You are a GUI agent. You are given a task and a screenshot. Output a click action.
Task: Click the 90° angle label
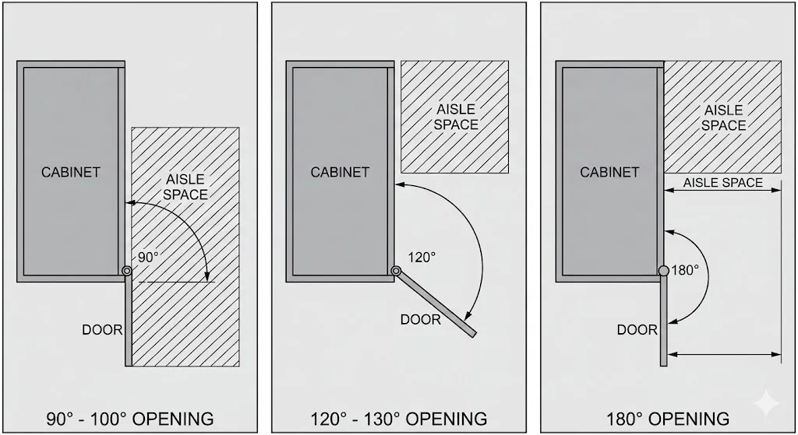[x=148, y=258]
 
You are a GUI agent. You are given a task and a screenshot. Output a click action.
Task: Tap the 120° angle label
[x=422, y=258]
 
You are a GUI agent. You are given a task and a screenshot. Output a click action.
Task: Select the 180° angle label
[x=685, y=270]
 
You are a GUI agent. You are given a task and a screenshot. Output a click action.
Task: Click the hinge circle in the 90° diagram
[x=127, y=271]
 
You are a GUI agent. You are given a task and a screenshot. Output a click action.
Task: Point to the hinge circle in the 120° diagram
[x=396, y=271]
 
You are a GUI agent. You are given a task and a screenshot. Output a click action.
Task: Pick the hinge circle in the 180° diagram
[x=664, y=271]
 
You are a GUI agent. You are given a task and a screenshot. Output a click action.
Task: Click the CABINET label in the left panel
[x=71, y=172]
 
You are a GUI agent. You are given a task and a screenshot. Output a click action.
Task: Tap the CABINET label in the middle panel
[x=340, y=172]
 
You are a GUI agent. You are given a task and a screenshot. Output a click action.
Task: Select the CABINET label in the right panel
[x=609, y=172]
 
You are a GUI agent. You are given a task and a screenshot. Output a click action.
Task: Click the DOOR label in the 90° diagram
[x=102, y=330]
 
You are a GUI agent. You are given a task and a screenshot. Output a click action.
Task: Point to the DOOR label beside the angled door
[x=420, y=320]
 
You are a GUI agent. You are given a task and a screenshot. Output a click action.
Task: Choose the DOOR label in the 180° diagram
[x=637, y=330]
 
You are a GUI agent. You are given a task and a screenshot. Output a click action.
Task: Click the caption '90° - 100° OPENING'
[x=130, y=419]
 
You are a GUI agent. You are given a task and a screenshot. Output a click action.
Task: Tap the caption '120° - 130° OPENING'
[x=399, y=419]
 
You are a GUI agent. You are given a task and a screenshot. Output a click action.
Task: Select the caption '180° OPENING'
[x=668, y=419]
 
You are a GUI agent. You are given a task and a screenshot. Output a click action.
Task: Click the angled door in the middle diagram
[x=436, y=304]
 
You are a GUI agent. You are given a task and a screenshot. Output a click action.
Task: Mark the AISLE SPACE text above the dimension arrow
[x=722, y=183]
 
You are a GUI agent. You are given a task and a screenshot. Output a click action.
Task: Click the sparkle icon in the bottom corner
[x=765, y=404]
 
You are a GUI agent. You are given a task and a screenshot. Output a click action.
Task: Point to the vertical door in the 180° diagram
[x=664, y=321]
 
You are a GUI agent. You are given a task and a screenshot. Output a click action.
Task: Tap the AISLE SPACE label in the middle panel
[x=456, y=117]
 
